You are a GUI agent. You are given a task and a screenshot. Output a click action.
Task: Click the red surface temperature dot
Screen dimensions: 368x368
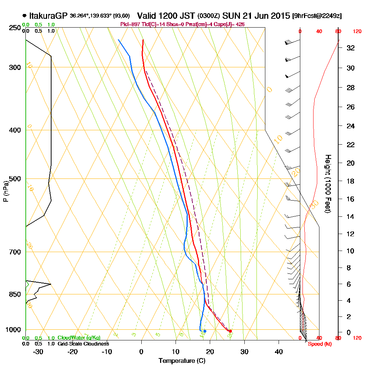[230, 331]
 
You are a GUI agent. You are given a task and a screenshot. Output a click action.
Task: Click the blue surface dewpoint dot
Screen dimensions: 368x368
[205, 331]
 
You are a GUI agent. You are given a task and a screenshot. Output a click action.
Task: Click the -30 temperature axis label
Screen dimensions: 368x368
[38, 351]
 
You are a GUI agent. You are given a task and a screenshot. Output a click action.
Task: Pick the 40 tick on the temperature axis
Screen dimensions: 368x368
[279, 351]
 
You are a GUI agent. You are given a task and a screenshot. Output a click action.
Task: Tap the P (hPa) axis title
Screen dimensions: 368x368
[6, 191]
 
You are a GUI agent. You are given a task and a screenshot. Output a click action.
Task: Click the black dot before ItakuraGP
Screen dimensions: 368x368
[24, 16]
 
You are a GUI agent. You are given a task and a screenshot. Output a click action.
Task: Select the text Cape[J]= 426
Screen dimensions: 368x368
[229, 24]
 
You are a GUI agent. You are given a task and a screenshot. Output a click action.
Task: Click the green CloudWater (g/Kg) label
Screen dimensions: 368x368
[79, 337]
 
